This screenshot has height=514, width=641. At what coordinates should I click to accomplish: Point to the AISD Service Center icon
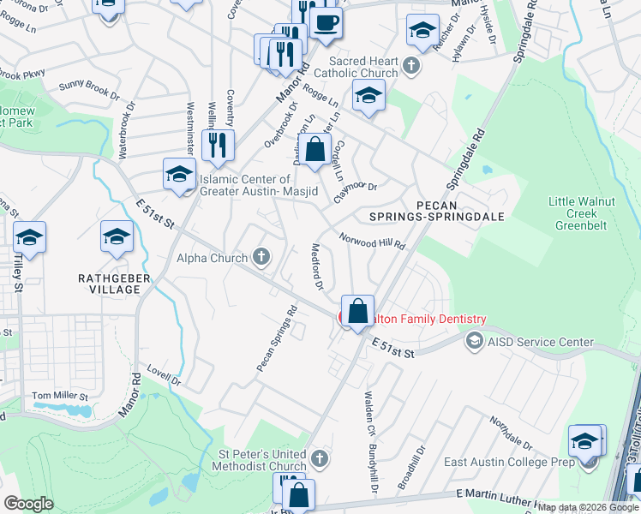(473, 342)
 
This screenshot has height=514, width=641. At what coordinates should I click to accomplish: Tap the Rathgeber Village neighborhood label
(109, 284)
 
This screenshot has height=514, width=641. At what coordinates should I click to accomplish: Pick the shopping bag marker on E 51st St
(357, 310)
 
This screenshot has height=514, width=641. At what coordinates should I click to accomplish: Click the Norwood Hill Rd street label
(371, 242)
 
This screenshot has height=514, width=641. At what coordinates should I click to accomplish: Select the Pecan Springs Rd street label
(276, 338)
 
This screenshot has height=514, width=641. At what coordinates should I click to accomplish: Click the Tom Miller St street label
(60, 397)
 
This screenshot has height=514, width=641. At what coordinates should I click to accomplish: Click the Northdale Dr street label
(511, 434)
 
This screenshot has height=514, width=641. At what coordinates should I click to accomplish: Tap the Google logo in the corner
(28, 503)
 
